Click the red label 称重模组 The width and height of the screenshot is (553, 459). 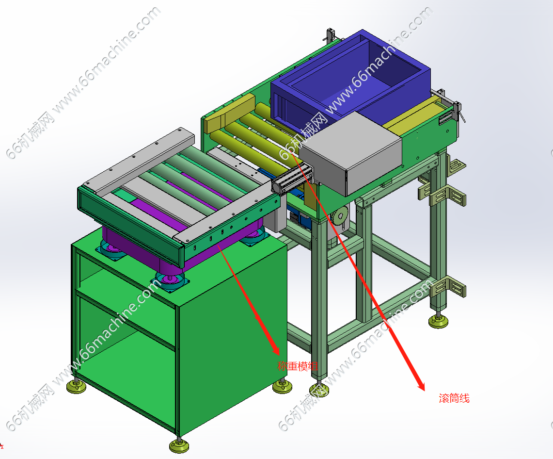(x=298, y=366)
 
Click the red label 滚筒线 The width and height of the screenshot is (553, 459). (x=454, y=398)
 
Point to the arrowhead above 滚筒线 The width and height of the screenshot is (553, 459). (x=420, y=384)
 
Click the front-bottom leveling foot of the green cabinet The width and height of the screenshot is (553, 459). (x=179, y=445)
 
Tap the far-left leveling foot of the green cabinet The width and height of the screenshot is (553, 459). (x=76, y=386)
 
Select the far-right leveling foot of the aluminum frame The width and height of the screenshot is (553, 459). (x=439, y=321)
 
